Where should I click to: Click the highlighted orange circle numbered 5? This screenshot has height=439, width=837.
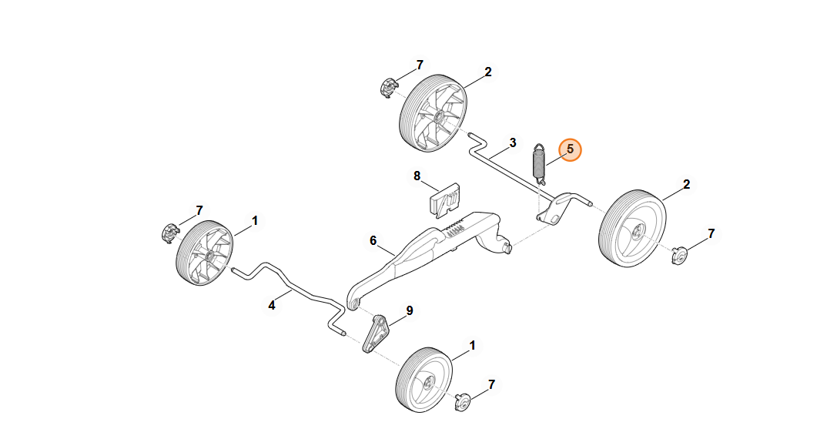click(x=570, y=149)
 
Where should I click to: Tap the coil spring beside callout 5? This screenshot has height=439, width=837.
click(x=540, y=164)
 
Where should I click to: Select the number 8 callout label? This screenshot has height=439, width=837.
click(x=417, y=176)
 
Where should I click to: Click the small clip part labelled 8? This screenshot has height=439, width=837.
click(x=444, y=199)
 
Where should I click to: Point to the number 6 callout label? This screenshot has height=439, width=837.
click(x=373, y=241)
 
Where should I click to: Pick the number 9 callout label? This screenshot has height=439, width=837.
click(x=410, y=310)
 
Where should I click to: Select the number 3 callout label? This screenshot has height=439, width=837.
click(x=512, y=143)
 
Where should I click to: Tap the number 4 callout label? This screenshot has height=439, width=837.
click(x=272, y=305)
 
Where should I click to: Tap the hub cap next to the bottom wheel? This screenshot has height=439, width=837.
click(x=462, y=400)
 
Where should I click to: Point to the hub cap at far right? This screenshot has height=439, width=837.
click(x=678, y=254)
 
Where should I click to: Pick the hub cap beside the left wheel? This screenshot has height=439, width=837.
click(x=169, y=232)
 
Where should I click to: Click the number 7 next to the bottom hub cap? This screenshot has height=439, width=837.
click(x=492, y=384)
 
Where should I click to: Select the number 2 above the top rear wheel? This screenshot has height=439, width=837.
click(x=488, y=72)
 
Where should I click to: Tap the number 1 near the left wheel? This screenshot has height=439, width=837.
click(x=255, y=220)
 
